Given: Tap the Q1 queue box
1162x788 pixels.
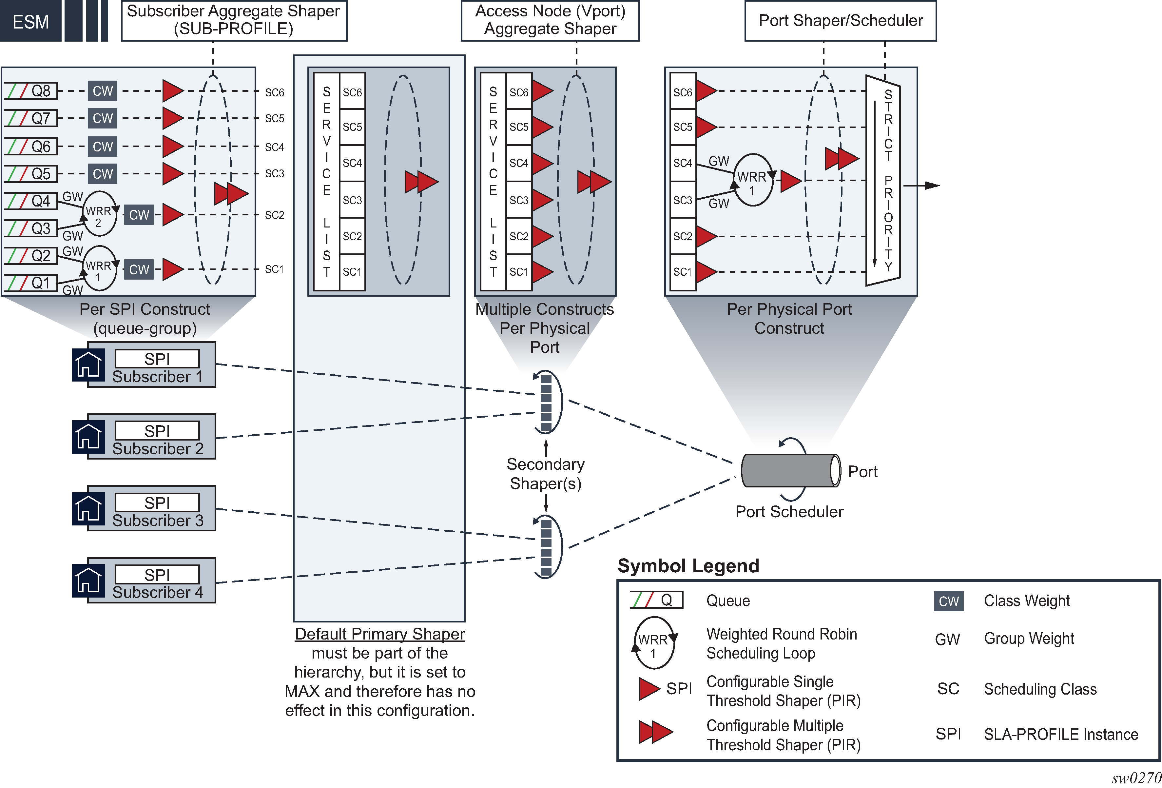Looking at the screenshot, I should tap(31, 283).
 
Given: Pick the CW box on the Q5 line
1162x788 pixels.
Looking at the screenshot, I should tap(103, 173).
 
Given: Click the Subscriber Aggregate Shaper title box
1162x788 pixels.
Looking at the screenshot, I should tap(234, 20).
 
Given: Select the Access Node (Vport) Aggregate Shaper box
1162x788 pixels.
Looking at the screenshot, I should tap(550, 20).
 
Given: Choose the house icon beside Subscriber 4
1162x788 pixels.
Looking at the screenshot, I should tap(88, 581).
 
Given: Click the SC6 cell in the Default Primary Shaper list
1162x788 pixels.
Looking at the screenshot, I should tap(352, 92).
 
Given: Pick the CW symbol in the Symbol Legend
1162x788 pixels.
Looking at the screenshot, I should tap(948, 601).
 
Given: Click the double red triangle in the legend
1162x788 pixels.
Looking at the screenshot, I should tap(655, 732).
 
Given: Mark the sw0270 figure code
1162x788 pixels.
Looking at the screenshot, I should tap(1135, 778).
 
